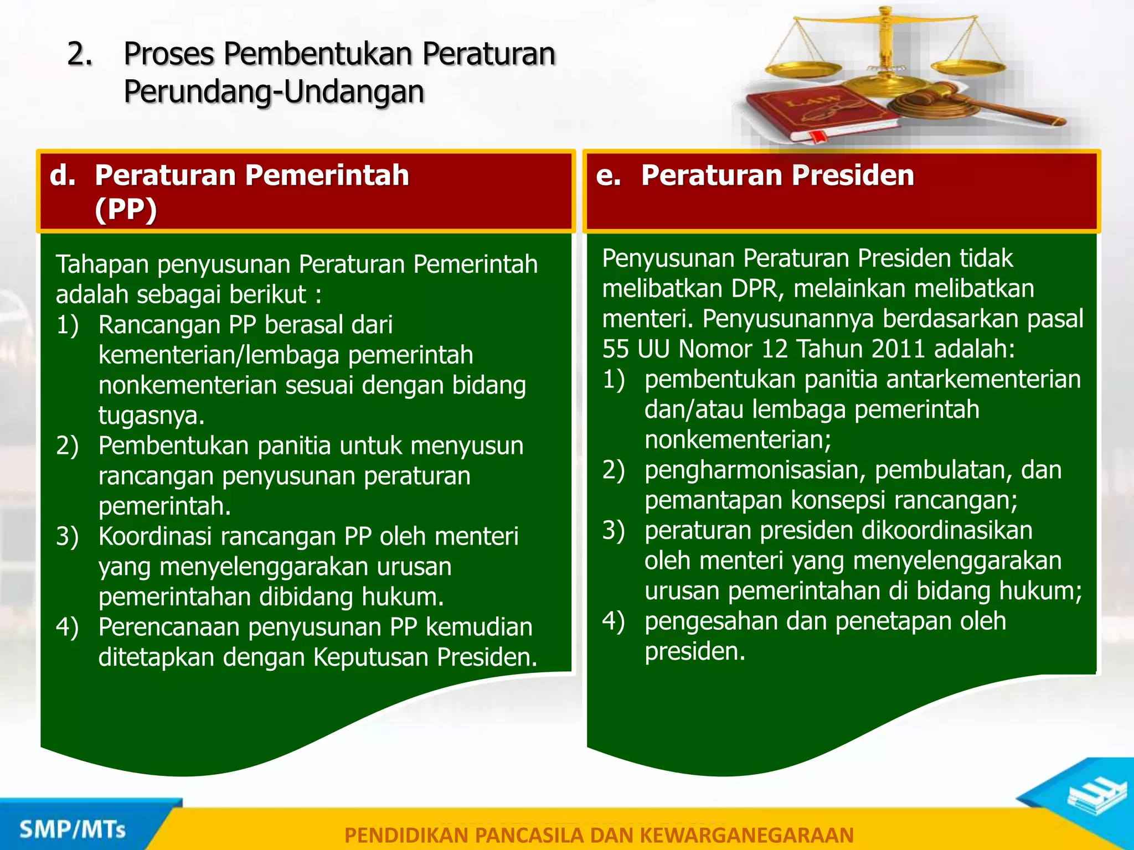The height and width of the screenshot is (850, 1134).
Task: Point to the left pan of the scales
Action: point(803,70)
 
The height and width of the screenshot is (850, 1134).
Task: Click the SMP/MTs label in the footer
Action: point(73,830)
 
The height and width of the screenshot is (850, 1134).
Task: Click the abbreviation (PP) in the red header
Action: point(126,210)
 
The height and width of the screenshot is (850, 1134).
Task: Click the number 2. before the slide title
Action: point(80,54)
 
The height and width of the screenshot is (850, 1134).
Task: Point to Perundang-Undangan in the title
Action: point(274,91)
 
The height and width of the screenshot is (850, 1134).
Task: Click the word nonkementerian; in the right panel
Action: point(738,439)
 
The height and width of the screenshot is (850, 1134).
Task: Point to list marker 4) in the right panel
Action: point(614,621)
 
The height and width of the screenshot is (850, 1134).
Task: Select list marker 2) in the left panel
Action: point(68,445)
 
